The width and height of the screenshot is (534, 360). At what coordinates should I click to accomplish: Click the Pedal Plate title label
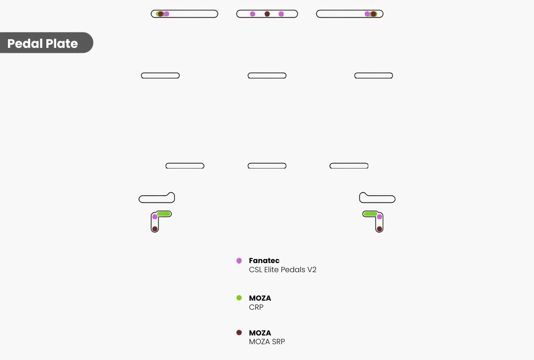click(43, 44)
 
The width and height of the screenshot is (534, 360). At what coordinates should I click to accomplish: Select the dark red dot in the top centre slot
click(267, 14)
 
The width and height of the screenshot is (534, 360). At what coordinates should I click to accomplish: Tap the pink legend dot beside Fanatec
click(239, 261)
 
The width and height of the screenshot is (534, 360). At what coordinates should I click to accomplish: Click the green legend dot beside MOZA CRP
click(239, 298)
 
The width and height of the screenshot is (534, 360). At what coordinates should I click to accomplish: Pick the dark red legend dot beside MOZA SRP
click(239, 333)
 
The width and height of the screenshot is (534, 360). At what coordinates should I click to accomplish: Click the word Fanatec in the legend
click(264, 261)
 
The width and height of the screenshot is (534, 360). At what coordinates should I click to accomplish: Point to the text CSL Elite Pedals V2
click(283, 270)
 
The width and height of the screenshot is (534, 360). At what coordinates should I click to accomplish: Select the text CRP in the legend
click(256, 307)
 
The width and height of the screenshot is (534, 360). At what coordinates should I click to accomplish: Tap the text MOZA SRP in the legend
click(267, 342)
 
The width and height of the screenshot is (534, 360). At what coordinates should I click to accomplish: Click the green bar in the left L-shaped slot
click(163, 214)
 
